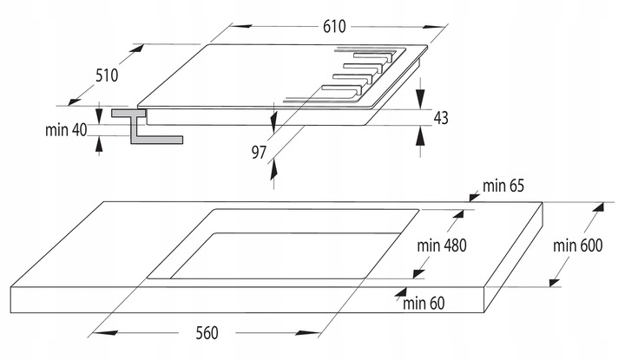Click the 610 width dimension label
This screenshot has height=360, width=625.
[x=334, y=27]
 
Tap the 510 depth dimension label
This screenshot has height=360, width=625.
[x=107, y=75]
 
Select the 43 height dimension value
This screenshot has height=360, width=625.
[x=441, y=118]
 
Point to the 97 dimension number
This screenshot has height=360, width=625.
[x=259, y=152]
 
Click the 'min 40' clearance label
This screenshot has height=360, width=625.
[x=66, y=130]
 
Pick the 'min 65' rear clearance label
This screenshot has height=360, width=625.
[x=503, y=186]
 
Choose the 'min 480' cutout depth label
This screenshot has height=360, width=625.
[x=442, y=245]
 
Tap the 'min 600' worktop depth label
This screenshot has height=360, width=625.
[x=577, y=245]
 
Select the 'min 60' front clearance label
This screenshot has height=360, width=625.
[x=424, y=304]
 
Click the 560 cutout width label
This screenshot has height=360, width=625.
[x=207, y=333]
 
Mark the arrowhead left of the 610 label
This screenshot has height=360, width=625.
[x=241, y=27]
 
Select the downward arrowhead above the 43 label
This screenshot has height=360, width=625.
[x=420, y=97]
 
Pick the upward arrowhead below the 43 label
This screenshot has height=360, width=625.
[x=420, y=137]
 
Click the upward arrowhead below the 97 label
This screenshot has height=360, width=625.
[x=273, y=171]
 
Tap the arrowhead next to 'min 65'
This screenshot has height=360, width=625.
[x=474, y=196]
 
